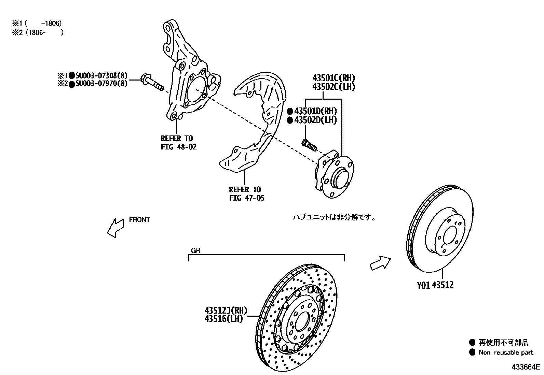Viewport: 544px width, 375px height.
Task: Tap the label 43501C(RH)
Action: pos(333,78)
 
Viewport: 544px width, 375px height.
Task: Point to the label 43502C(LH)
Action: pos(333,87)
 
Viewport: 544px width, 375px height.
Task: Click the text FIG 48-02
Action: pos(179,147)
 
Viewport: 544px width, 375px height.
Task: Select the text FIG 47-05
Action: pos(247,198)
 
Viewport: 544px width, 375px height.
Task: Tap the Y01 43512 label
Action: pos(435,285)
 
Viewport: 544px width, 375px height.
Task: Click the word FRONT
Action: pos(139,220)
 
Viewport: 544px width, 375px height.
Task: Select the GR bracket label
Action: pos(196,251)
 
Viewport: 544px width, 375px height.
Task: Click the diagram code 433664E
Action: pos(525,367)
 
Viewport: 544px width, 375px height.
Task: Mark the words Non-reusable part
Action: pos(506,352)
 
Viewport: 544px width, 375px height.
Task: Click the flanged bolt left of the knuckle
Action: pos(152,82)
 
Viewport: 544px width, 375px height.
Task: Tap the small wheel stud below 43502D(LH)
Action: pos(309,145)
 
